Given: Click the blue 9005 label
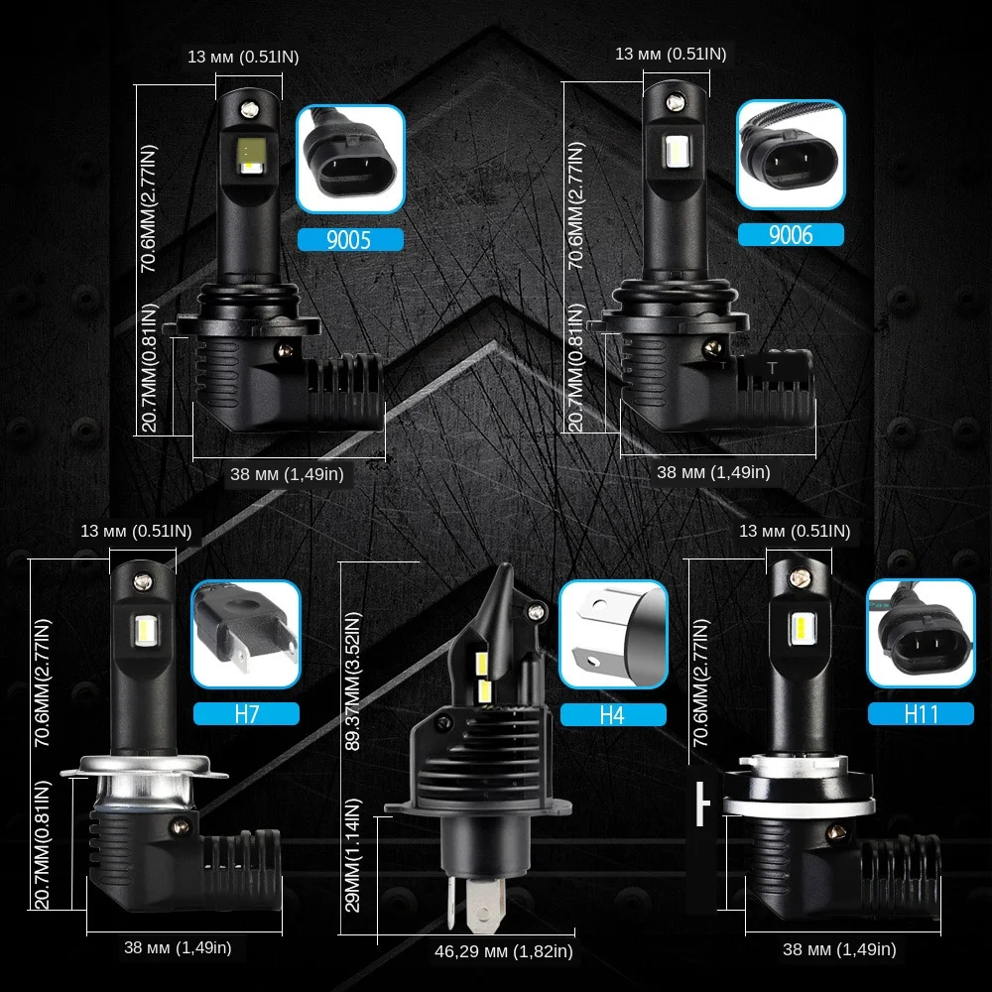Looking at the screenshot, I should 349,239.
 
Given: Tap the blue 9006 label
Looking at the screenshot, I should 790,234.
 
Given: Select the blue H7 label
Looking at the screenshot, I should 245,713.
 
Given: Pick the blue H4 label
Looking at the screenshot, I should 612,714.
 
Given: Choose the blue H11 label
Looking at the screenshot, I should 918,713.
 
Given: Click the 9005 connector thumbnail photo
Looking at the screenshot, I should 350,160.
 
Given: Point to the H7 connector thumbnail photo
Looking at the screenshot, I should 245,634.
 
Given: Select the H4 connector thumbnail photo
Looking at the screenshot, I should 612,634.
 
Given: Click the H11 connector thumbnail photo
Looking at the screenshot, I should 918,634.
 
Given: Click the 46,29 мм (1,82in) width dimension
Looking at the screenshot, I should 504,952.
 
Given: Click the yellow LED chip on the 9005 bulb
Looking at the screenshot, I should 246,151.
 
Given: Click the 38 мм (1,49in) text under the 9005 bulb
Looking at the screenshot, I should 287,474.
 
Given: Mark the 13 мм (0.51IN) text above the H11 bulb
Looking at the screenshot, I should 795,532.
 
